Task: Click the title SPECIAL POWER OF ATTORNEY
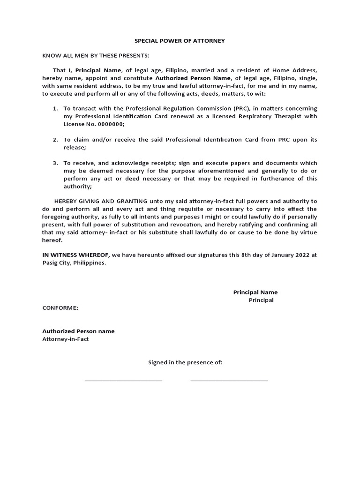[x=180, y=41]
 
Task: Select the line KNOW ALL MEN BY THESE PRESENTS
[x=96, y=55]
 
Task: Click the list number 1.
[x=55, y=108]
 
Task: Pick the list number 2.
[x=55, y=140]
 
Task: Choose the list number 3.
[x=55, y=163]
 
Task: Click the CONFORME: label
[x=60, y=308]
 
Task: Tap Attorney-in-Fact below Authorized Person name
[x=66, y=339]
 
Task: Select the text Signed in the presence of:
[x=185, y=362]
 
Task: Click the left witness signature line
[x=123, y=380]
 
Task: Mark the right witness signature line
[x=229, y=380]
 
